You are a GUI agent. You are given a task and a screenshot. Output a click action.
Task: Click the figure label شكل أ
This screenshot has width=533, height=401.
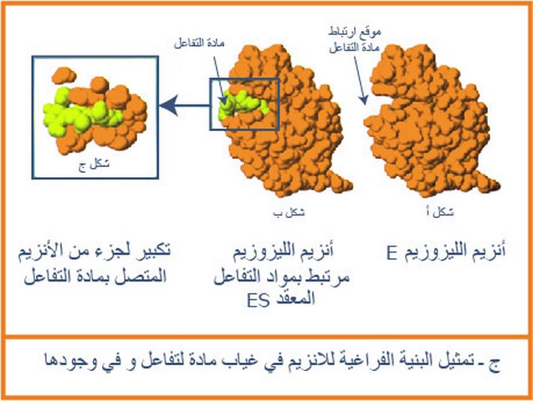click(440, 212)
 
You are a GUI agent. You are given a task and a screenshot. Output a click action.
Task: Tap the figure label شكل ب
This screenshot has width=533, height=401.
click(289, 212)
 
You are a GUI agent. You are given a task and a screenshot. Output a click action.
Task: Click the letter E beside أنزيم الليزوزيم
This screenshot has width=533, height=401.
click(392, 253)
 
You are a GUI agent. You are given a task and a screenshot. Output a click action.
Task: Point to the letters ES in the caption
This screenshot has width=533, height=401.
click(259, 300)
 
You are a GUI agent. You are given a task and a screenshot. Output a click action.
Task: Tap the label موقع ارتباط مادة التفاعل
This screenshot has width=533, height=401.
click(355, 40)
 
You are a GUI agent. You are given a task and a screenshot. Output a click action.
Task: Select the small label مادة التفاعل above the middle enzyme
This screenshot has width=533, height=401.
click(199, 43)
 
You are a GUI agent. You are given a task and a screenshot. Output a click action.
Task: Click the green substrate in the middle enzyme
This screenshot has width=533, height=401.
click(243, 104)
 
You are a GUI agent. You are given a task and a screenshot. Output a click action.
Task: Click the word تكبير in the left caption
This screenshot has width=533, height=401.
click(152, 251)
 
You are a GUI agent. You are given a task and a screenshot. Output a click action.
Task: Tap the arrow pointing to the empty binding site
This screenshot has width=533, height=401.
click(360, 80)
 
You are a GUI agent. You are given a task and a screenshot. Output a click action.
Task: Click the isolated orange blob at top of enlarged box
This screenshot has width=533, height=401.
click(64, 75)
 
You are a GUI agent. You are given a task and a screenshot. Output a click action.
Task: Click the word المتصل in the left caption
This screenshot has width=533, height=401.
click(146, 277)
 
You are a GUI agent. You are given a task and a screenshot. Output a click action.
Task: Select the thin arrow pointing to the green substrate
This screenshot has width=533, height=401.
click(219, 79)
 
